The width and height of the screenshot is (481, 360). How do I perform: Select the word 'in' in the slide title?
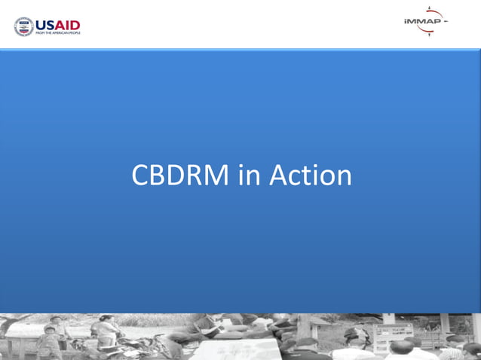250,175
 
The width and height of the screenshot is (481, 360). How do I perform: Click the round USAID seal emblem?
23,26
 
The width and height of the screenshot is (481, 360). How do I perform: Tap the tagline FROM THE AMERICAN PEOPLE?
57,33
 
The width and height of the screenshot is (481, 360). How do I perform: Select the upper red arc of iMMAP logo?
432,13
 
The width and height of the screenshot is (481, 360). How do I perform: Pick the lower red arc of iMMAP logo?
432,31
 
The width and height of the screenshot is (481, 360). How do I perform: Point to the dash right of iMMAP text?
446,22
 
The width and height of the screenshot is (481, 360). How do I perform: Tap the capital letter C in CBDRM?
140,175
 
